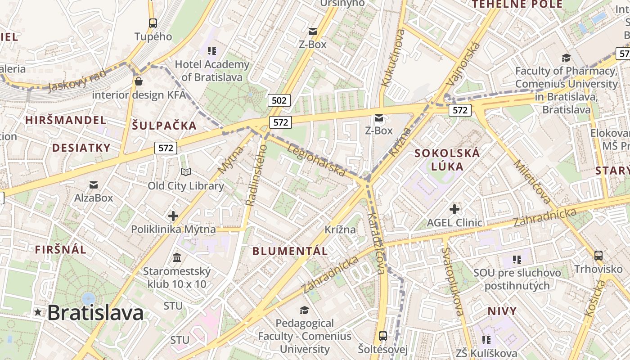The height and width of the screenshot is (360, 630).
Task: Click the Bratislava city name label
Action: coord(95,313)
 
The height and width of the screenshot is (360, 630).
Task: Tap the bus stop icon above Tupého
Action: coord(153,23)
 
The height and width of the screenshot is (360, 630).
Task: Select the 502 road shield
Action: coord(279,100)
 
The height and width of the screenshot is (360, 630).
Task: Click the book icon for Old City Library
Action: coord(186,172)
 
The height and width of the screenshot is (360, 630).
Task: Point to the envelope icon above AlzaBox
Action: coord(94,184)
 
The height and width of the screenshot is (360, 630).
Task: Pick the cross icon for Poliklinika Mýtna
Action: coord(173,216)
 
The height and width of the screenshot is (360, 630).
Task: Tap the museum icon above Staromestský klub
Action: coord(177,258)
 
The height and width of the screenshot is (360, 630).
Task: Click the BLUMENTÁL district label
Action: coord(290,251)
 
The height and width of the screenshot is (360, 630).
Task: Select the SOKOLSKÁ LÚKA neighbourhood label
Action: coord(447,160)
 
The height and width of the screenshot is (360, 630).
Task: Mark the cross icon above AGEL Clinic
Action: coord(454,209)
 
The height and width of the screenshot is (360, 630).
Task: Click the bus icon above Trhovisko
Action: coord(598,256)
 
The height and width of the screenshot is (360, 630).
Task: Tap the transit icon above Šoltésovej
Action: coord(383,336)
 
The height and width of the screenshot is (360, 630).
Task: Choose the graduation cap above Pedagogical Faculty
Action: coord(305,310)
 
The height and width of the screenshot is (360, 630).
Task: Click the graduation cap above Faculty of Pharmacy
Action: coord(566,58)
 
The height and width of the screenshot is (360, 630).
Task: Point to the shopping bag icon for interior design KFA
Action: coord(139,81)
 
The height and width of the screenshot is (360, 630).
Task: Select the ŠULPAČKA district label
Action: coord(164,126)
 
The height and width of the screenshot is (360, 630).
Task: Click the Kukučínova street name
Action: coord(392,58)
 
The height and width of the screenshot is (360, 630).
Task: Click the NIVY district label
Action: coord(502,311)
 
